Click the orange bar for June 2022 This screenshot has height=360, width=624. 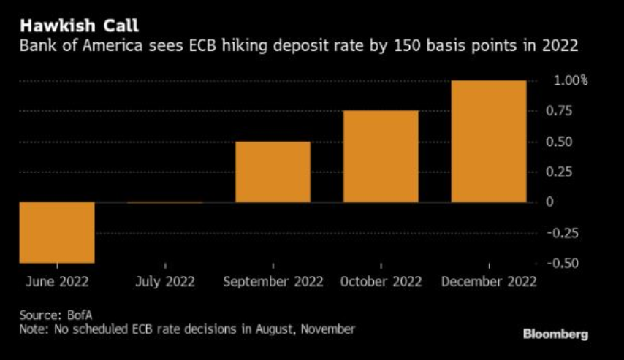tap(57, 232)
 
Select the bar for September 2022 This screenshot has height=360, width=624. tap(273, 172)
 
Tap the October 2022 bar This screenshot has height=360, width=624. tap(381, 156)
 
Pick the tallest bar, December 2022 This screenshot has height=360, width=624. tap(489, 141)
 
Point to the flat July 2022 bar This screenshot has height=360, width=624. tap(165, 202)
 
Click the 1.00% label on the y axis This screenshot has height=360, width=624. tap(571, 80)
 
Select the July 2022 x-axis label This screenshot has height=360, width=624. tap(165, 282)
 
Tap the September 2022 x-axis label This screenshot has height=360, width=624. tap(273, 282)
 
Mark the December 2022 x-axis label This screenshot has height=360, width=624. tap(489, 282)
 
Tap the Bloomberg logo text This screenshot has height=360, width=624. tap(555, 334)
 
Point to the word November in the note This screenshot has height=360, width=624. tap(327, 329)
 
